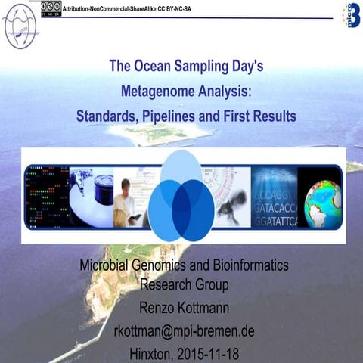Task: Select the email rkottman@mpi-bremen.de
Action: [184, 330]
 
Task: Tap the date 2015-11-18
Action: [208, 352]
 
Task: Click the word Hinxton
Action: [148, 352]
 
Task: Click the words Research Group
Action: [185, 285]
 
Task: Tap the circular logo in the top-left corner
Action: [20, 23]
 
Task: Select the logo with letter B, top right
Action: [351, 14]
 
